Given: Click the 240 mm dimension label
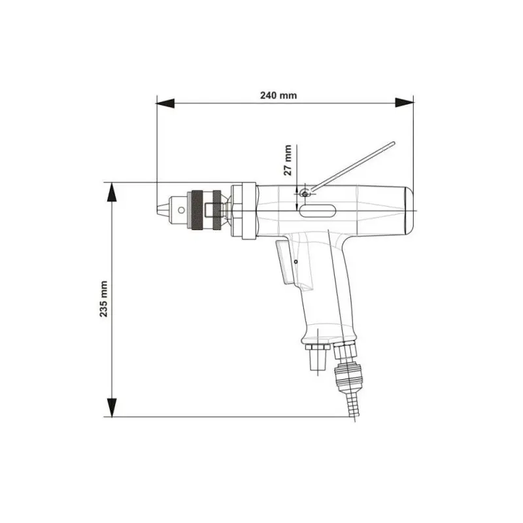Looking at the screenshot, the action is point(278,95).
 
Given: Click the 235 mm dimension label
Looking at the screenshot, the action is point(104,299).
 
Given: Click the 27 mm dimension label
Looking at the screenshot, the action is point(287,160).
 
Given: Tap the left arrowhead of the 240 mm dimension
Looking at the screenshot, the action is point(165,103).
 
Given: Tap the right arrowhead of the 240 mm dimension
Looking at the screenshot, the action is point(404,103).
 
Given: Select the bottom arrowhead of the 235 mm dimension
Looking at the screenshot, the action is point(112,407).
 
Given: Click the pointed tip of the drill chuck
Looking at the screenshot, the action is point(158,210).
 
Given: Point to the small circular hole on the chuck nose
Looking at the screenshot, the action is point(181,210).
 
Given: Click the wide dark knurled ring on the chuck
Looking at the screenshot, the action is point(197,210).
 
